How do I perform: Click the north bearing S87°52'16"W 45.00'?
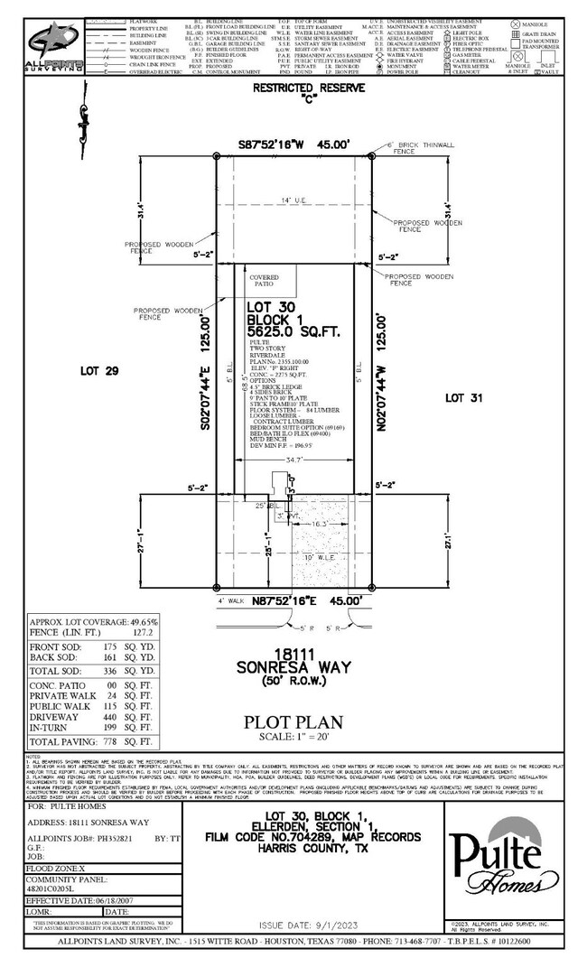tap(293, 144)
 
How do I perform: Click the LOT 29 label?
tap(93, 371)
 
